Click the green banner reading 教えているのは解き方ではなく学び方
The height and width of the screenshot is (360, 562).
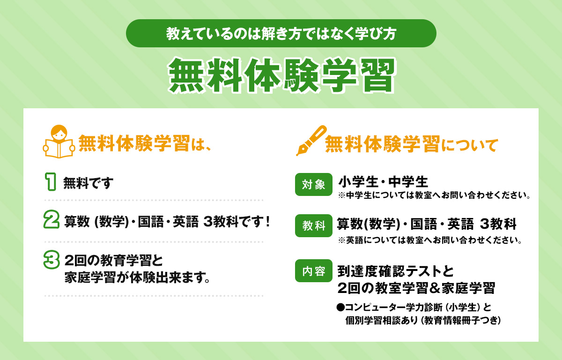click(281, 33)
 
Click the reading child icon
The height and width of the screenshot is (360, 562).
click(59, 141)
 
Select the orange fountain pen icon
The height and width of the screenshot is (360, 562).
click(311, 141)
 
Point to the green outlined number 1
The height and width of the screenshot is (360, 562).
click(51, 181)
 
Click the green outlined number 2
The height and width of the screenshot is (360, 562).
click(51, 220)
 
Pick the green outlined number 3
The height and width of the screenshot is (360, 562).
click(51, 260)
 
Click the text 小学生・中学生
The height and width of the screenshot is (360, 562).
click(383, 181)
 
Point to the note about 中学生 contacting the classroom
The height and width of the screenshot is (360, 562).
click(434, 195)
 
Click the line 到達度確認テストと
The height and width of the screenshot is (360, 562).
click(396, 271)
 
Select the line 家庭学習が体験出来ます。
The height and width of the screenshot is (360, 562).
click(136, 277)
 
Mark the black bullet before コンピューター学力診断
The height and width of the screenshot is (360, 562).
click(340, 307)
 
